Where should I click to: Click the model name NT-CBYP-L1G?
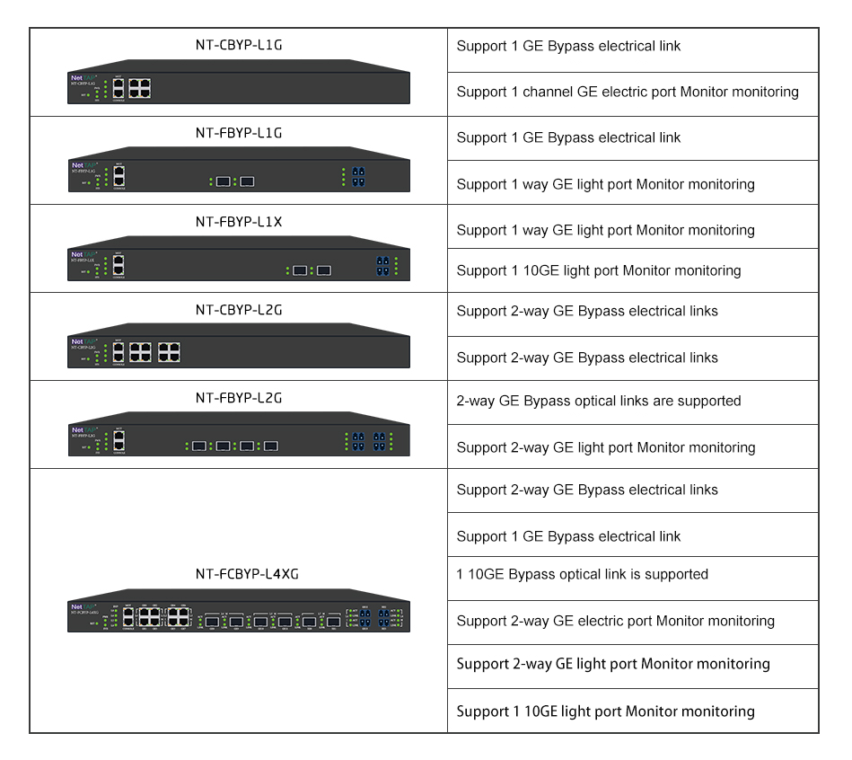pyautogui.click(x=238, y=44)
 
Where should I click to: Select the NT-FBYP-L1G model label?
pyautogui.click(x=238, y=133)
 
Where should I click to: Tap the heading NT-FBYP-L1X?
pyautogui.click(x=238, y=221)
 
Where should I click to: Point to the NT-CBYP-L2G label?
pyautogui.click(x=238, y=310)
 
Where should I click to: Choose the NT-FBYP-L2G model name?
pyautogui.click(x=238, y=398)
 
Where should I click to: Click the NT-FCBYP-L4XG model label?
pyautogui.click(x=238, y=574)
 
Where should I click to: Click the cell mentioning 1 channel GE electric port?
pyautogui.click(x=627, y=92)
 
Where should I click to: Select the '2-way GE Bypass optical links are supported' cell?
pyautogui.click(x=599, y=401)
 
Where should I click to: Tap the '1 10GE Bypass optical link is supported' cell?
pyautogui.click(x=582, y=574)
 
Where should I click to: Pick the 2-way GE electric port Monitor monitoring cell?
pyautogui.click(x=615, y=621)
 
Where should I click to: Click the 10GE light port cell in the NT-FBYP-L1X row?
pyautogui.click(x=599, y=270)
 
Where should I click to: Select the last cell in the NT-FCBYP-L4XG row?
pyautogui.click(x=605, y=711)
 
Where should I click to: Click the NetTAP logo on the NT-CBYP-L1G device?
pyautogui.click(x=83, y=78)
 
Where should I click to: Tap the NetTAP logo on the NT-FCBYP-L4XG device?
pyautogui.click(x=83, y=607)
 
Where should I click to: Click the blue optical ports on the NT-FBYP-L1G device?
pyautogui.click(x=358, y=177)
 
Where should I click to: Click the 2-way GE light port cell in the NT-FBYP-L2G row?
pyautogui.click(x=605, y=447)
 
